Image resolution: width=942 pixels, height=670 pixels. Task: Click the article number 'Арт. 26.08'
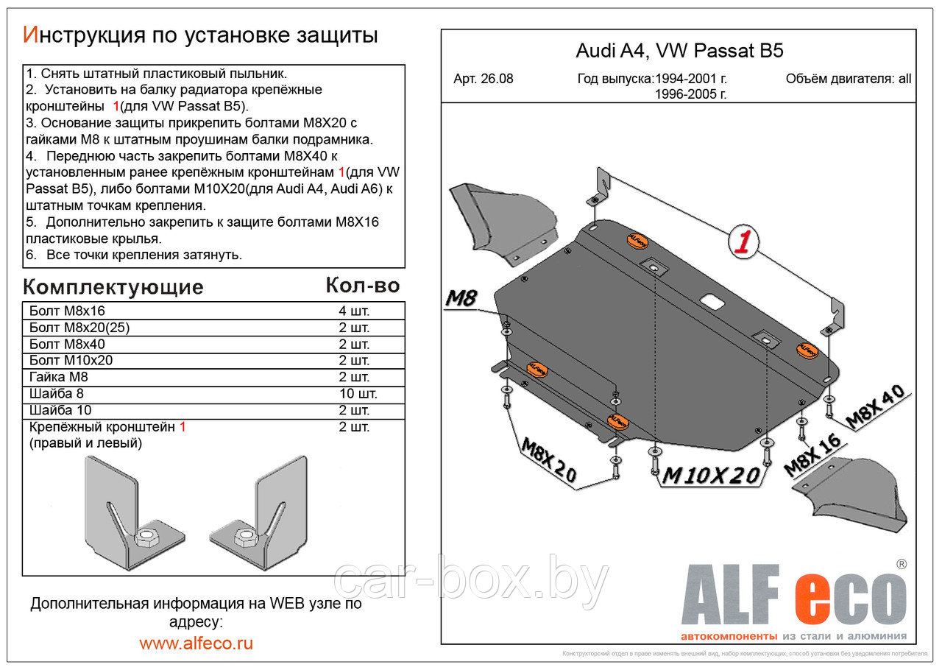[x=484, y=79]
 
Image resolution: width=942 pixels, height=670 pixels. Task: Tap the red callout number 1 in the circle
[x=743, y=242]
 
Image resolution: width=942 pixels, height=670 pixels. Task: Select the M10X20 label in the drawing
[x=710, y=476]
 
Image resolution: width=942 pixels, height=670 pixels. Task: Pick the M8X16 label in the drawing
[x=812, y=455]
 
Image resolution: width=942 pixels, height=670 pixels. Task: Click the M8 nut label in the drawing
[x=461, y=299]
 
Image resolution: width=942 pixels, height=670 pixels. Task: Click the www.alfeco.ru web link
[x=196, y=643]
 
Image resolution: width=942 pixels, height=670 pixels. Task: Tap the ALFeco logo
[x=793, y=597]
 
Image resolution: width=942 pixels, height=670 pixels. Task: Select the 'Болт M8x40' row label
[x=67, y=344]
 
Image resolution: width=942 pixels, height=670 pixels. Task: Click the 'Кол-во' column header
[x=362, y=286]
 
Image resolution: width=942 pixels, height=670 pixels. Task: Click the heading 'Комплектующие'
[x=113, y=286]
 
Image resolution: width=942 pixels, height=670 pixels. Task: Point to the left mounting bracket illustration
[x=133, y=515]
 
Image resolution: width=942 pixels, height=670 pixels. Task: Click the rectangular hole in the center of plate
[x=712, y=301]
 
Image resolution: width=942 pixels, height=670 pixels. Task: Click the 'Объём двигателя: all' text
[x=848, y=79]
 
